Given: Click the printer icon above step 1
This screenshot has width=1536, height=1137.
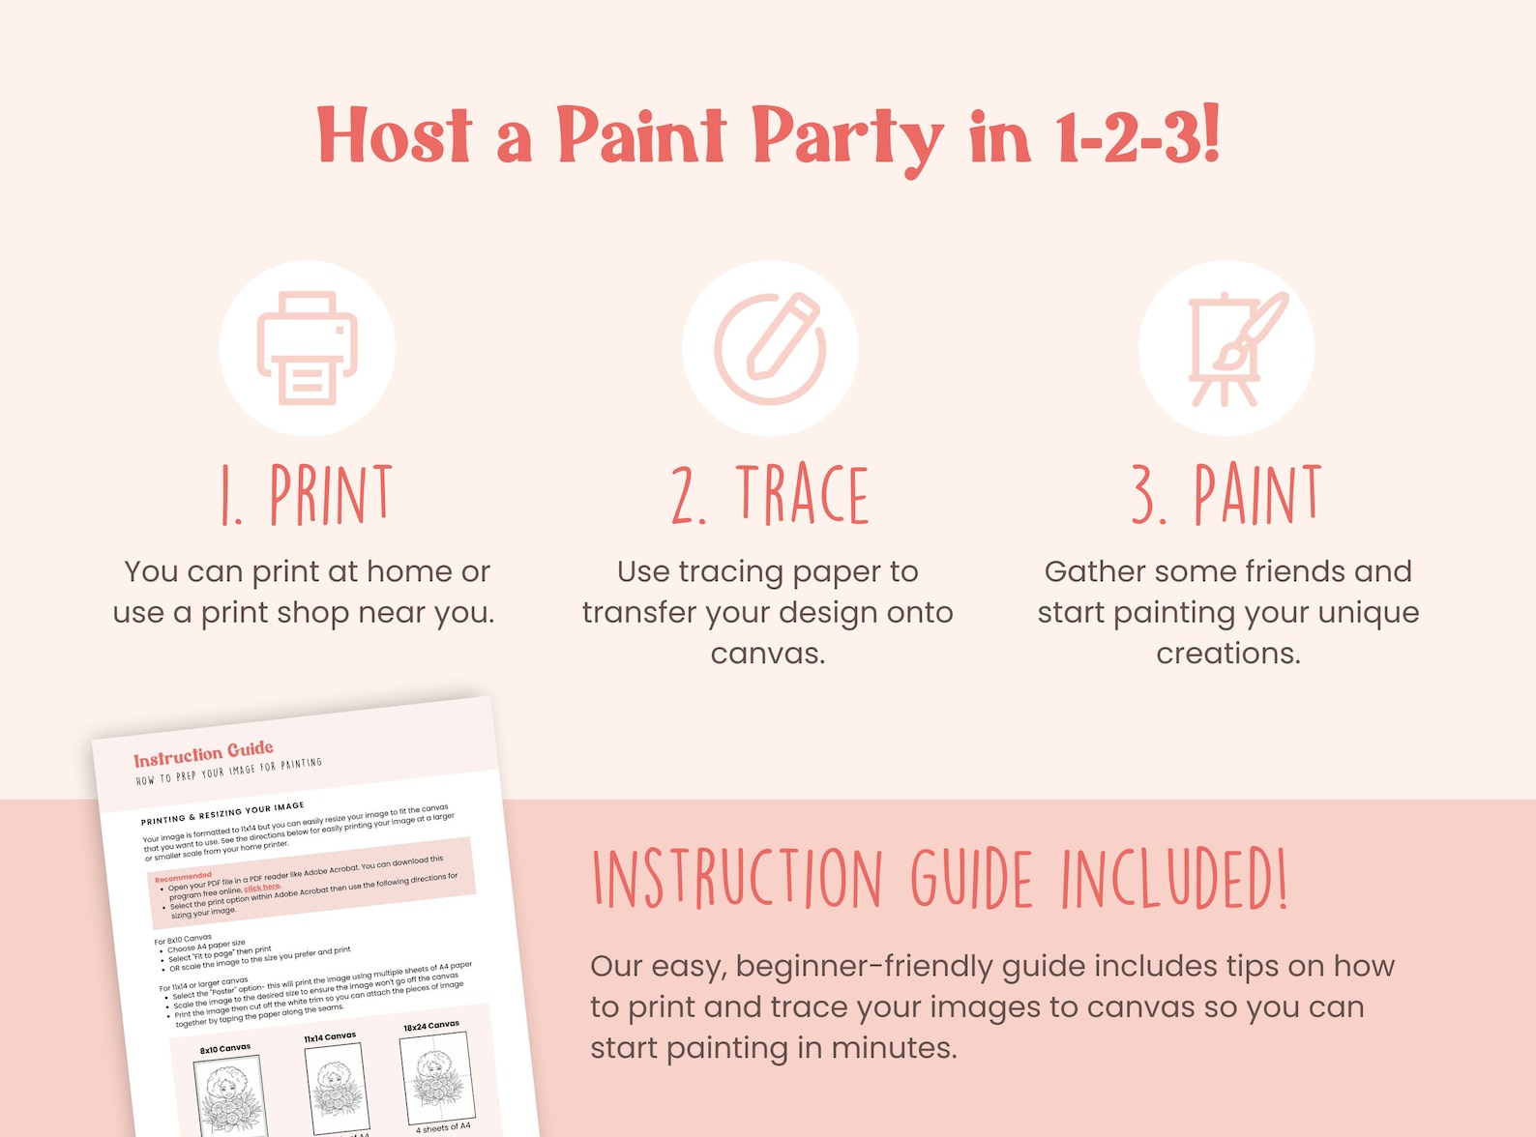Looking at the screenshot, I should click(308, 348).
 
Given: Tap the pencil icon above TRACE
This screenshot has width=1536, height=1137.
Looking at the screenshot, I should click(770, 348).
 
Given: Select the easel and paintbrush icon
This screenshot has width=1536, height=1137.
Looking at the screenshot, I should click(1227, 348).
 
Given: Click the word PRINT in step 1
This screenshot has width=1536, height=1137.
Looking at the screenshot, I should click(331, 496).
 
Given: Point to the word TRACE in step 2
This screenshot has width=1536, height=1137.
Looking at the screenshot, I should click(803, 496).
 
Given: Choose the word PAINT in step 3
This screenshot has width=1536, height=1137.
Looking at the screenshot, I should click(1257, 496).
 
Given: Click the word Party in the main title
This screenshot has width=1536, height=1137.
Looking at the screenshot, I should click(846, 138).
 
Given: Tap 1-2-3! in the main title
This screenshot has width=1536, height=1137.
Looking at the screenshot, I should click(1137, 138).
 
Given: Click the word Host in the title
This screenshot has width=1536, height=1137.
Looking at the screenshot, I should click(395, 136).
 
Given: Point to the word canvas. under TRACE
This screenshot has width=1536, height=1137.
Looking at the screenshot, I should click(768, 654).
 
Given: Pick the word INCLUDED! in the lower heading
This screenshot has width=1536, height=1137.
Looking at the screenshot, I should click(1174, 880).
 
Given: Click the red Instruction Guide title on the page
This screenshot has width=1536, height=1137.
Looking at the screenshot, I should click(203, 753).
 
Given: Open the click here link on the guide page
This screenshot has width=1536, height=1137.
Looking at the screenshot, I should click(261, 888).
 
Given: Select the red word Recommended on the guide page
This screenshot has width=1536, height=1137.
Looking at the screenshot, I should click(183, 876).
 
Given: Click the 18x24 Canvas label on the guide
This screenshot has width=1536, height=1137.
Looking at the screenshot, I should click(431, 1025).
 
